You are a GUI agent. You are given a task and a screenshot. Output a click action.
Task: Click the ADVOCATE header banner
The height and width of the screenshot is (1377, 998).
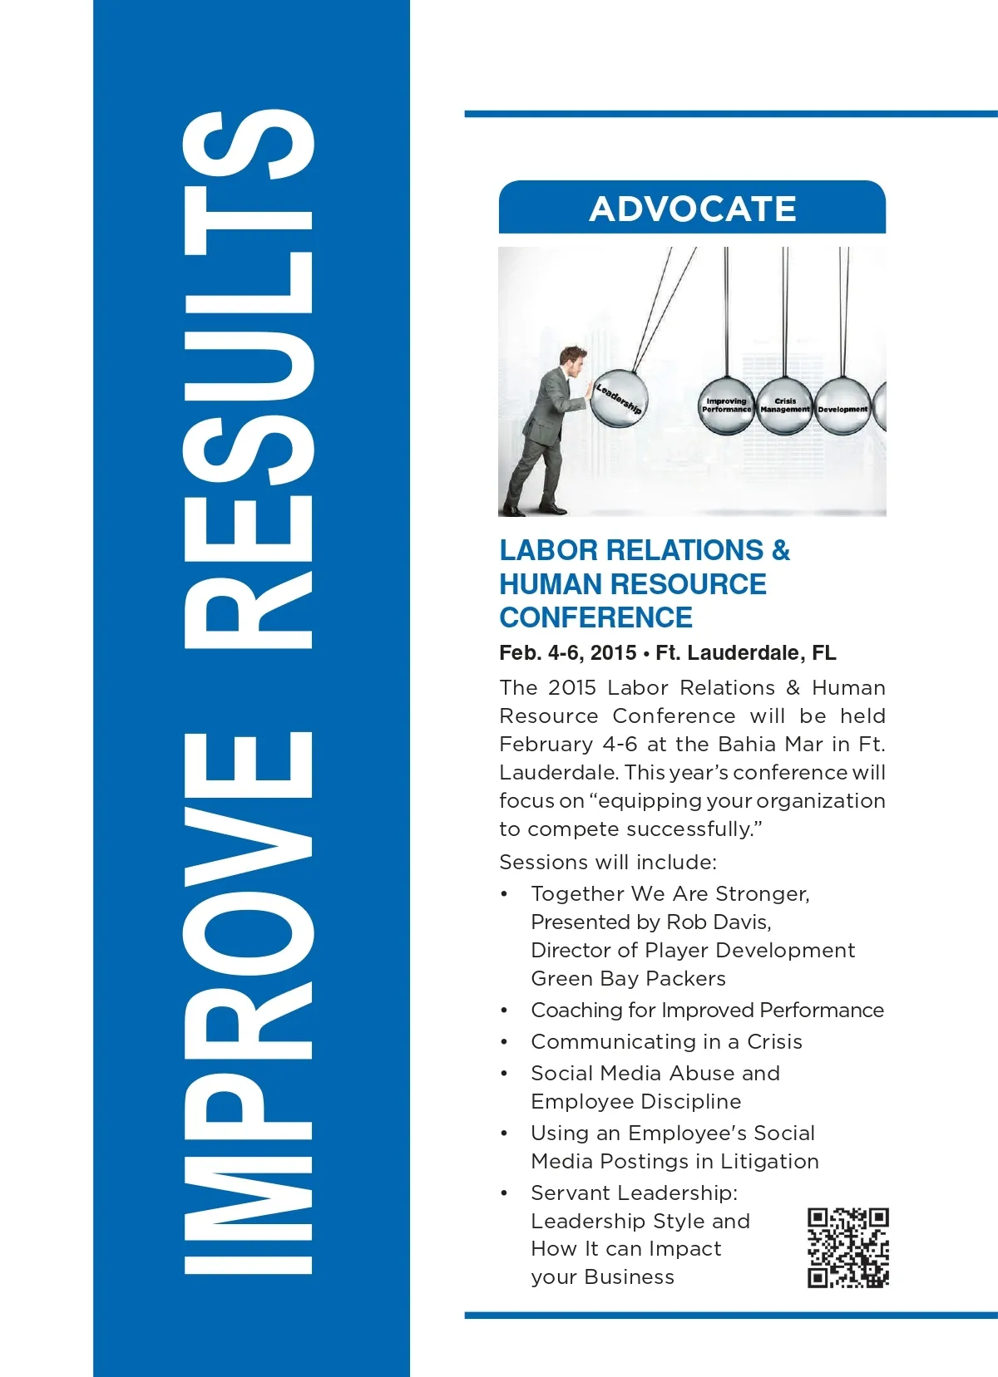coord(692,208)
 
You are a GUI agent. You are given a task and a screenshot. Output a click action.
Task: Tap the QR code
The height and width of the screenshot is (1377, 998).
coord(847,1247)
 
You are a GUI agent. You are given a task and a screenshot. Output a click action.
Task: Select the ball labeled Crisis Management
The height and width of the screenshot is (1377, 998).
coord(784,406)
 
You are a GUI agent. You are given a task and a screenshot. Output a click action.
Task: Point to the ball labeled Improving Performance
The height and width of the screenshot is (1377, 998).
coord(726,406)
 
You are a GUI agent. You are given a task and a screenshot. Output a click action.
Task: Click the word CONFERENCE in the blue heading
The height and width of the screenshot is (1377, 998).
coord(595,617)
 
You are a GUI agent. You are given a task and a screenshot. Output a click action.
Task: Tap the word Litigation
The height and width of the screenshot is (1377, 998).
coord(769,1161)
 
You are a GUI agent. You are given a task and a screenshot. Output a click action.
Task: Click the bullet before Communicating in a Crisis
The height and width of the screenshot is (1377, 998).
coord(504,1042)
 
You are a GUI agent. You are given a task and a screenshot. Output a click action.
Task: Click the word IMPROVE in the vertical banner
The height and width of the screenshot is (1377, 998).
coord(248,1001)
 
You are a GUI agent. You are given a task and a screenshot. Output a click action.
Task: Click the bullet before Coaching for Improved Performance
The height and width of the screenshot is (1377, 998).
coord(504,1011)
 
